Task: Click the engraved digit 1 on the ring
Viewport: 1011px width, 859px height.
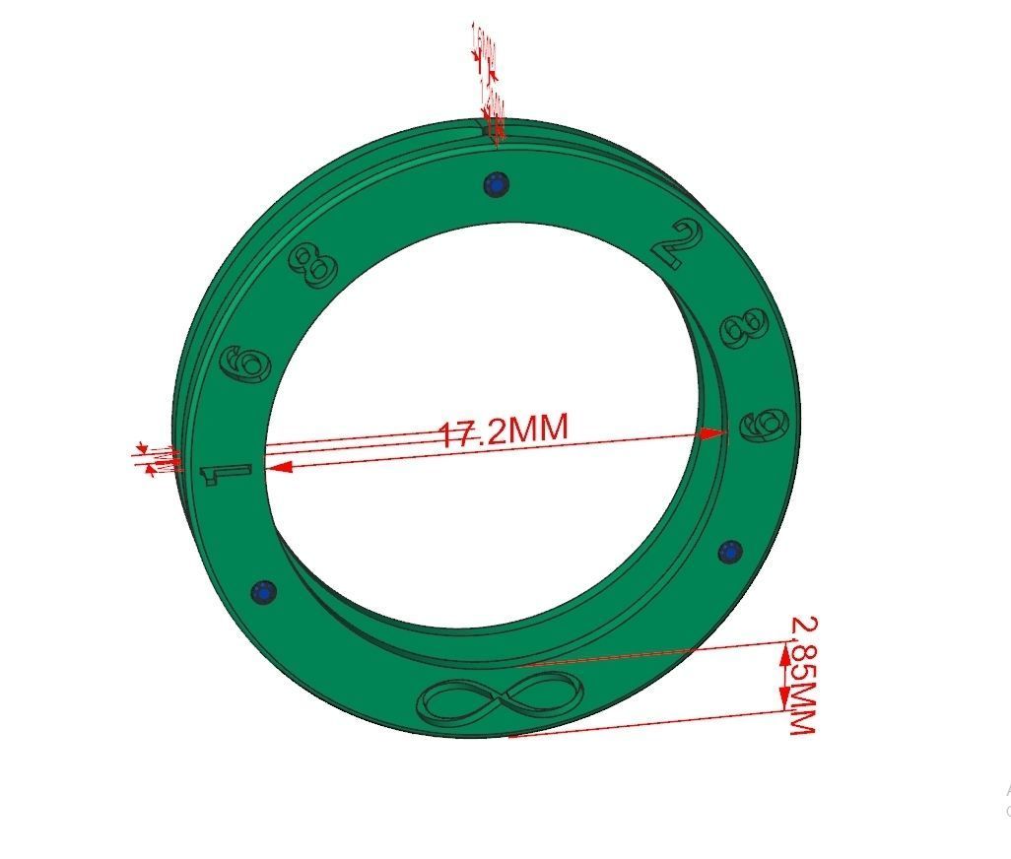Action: [226, 473]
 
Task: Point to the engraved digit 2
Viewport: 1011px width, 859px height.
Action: [680, 245]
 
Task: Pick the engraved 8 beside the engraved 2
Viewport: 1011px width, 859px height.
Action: [746, 328]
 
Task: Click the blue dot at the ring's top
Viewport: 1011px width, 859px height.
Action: [496, 184]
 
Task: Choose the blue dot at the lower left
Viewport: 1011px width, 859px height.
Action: [263, 591]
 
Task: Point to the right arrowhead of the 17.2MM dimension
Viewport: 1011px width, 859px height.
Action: [713, 432]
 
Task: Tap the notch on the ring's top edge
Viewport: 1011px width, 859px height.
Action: [490, 127]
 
